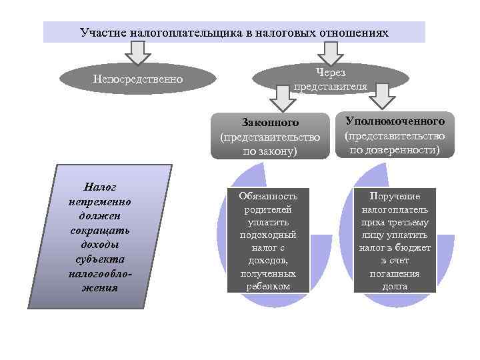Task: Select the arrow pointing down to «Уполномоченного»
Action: point(381,95)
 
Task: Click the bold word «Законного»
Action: point(270,123)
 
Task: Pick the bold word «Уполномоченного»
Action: point(395,121)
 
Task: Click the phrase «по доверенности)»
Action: point(395,149)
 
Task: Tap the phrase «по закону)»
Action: point(270,151)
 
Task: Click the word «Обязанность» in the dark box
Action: point(269,196)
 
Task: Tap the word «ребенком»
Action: point(269,286)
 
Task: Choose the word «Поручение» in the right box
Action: point(395,196)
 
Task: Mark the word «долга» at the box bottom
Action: point(395,287)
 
